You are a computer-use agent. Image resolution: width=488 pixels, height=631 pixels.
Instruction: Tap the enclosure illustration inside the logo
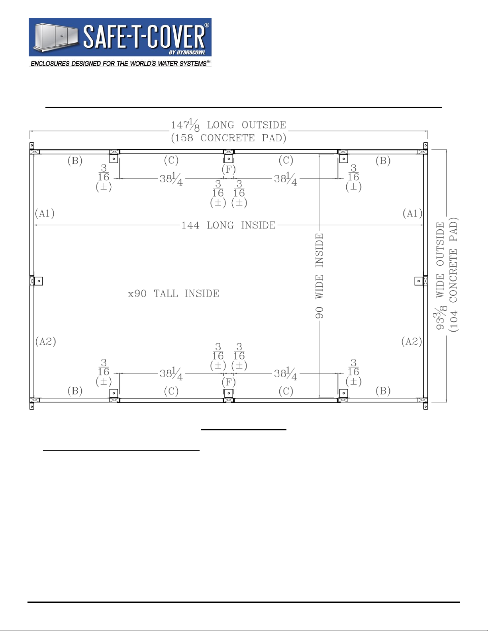tap(56, 37)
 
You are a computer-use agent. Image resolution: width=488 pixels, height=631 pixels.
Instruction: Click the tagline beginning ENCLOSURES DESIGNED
tap(120, 64)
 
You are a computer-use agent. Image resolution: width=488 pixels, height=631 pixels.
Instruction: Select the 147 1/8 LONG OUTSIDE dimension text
tap(228, 125)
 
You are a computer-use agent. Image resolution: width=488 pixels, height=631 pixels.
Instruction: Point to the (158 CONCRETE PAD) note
tap(229, 138)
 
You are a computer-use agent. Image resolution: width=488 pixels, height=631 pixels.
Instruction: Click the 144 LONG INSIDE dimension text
tap(228, 225)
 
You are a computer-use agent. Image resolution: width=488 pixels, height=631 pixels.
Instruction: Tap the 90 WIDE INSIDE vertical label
tap(319, 275)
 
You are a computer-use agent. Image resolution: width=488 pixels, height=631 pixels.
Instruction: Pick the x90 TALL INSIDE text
tap(174, 293)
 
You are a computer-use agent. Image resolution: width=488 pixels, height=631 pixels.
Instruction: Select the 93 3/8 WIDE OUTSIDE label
tap(440, 276)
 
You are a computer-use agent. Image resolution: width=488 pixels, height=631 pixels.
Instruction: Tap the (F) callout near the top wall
tap(229, 169)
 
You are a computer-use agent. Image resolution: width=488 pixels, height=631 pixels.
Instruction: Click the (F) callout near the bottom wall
tap(229, 382)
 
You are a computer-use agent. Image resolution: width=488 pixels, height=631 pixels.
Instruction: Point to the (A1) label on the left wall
tap(45, 213)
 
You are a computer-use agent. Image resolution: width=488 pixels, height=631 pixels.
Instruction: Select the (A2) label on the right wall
tap(412, 341)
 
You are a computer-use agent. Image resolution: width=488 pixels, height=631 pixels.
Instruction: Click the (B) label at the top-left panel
tap(75, 160)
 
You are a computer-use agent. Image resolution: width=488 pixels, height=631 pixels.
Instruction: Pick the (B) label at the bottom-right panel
tap(383, 391)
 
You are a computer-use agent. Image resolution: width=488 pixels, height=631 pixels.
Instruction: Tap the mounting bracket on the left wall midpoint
tap(39, 281)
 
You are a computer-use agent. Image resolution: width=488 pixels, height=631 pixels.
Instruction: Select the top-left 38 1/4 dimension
tap(171, 179)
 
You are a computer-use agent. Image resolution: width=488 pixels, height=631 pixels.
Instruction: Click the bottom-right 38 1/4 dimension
tap(286, 373)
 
